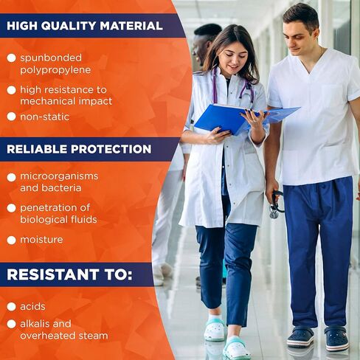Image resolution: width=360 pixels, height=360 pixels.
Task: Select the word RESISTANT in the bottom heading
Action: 53,274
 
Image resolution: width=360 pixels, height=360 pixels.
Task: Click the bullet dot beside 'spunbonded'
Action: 11,58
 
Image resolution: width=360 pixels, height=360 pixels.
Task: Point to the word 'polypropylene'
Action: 55,70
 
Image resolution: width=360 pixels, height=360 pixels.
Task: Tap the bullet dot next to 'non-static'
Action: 11,117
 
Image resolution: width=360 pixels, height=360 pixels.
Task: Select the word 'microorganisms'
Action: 59,176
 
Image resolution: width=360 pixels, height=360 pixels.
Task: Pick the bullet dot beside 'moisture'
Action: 11,240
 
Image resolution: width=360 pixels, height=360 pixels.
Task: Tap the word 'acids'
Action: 32,307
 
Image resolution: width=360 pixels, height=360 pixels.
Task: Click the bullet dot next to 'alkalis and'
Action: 11,324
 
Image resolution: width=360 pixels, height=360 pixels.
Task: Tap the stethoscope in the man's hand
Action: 276,204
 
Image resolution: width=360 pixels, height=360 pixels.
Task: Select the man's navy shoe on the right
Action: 336,338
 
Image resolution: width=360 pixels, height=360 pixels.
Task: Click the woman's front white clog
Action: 237,348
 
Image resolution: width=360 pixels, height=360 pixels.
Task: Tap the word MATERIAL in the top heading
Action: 131,26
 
